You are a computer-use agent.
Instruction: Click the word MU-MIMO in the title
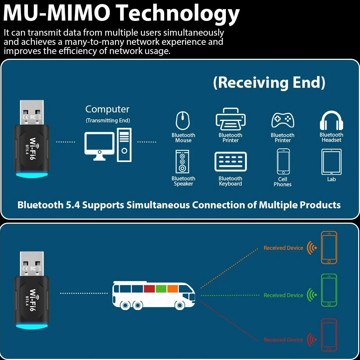pyautogui.click(x=57, y=13)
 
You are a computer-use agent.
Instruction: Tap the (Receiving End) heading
pyautogui.click(x=269, y=82)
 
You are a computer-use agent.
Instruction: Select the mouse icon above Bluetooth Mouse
pyautogui.click(x=183, y=120)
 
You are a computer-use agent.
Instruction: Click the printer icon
pyautogui.click(x=231, y=119)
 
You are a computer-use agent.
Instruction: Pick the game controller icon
pyautogui.click(x=282, y=120)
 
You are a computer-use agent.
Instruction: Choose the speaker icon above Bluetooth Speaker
pyautogui.click(x=182, y=161)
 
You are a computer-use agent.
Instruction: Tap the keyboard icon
pyautogui.click(x=231, y=162)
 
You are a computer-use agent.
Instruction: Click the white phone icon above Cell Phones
pyautogui.click(x=283, y=162)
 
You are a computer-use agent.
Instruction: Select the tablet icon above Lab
pyautogui.click(x=331, y=162)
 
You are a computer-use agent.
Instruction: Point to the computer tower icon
pyautogui.click(x=124, y=145)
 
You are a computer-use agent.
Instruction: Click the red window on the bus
pyautogui.click(x=149, y=289)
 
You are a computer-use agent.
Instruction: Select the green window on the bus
pyautogui.click(x=161, y=289)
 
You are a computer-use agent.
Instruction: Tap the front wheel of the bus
pyautogui.click(x=180, y=305)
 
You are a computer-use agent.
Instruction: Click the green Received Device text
pyautogui.click(x=283, y=295)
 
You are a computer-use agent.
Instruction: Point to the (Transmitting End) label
pyautogui.click(x=108, y=120)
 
